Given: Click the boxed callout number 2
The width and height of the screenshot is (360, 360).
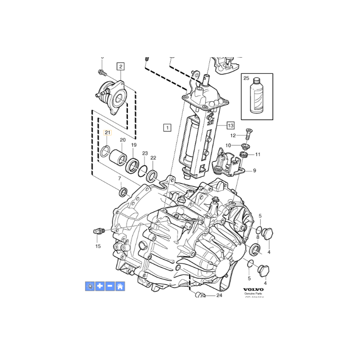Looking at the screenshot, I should point(120,67).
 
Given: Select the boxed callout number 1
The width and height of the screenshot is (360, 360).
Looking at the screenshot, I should point(167,127).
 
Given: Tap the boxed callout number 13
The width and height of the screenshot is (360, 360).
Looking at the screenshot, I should point(230,125).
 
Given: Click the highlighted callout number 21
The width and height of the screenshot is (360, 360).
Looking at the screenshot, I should point(108,132).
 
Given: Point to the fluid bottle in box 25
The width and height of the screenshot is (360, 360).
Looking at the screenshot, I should point(256,97).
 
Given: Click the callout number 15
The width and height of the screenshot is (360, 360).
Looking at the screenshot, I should point(98,246).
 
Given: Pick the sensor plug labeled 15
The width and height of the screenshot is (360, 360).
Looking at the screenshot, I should point(99,231).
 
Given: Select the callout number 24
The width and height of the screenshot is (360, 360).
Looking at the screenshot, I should point(219,296).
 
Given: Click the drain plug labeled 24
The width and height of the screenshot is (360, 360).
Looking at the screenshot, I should point(200,295).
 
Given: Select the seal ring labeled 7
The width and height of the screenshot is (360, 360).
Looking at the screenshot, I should point(122,193).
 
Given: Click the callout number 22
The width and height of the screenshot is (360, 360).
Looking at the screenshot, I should point(153,158).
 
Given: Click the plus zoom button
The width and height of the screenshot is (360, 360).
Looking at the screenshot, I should point(100,286).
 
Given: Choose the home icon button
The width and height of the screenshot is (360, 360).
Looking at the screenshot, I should point(120,286).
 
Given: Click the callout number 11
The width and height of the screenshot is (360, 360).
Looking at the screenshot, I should point(258,154).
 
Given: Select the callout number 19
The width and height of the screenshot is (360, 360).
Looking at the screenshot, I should point(134,145).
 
